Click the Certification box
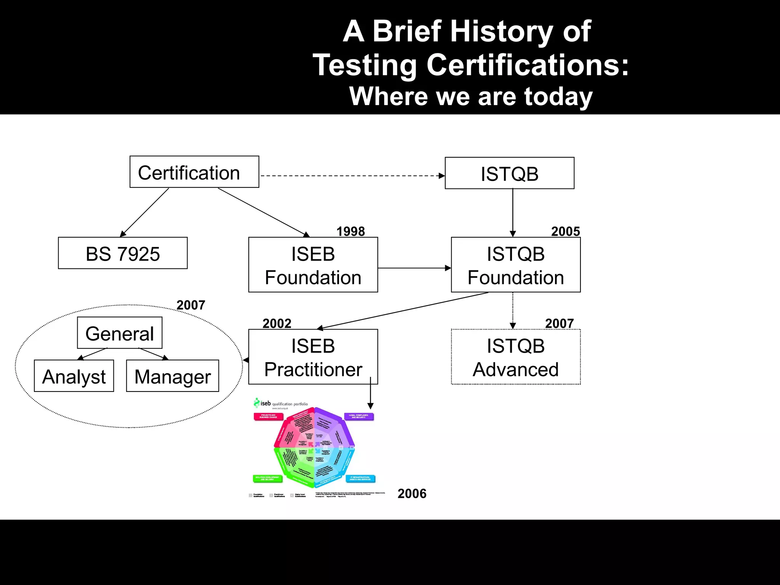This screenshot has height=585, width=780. point(194,172)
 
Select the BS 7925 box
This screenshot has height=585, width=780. point(123,253)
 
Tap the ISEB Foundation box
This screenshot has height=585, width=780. point(313,265)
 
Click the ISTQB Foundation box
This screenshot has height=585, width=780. point(516,265)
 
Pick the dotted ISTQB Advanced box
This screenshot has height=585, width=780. point(516,357)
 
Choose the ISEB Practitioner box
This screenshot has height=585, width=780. point(313,357)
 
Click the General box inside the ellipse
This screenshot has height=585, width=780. point(120,333)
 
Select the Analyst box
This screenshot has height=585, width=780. point(74,376)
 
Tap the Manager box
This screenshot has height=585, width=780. point(173,376)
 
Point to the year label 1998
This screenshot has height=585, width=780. point(350,231)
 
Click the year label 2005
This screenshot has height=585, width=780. point(566,231)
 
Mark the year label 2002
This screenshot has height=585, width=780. point(277,323)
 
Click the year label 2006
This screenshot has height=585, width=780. point(412,494)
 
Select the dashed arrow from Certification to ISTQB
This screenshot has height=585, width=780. point(350,176)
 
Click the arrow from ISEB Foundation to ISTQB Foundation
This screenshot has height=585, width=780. point(414,268)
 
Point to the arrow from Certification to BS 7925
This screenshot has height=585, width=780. point(145,213)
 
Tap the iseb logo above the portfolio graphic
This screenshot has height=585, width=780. point(263,403)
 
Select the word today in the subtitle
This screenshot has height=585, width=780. point(558,96)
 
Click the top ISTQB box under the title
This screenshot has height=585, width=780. point(510,173)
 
